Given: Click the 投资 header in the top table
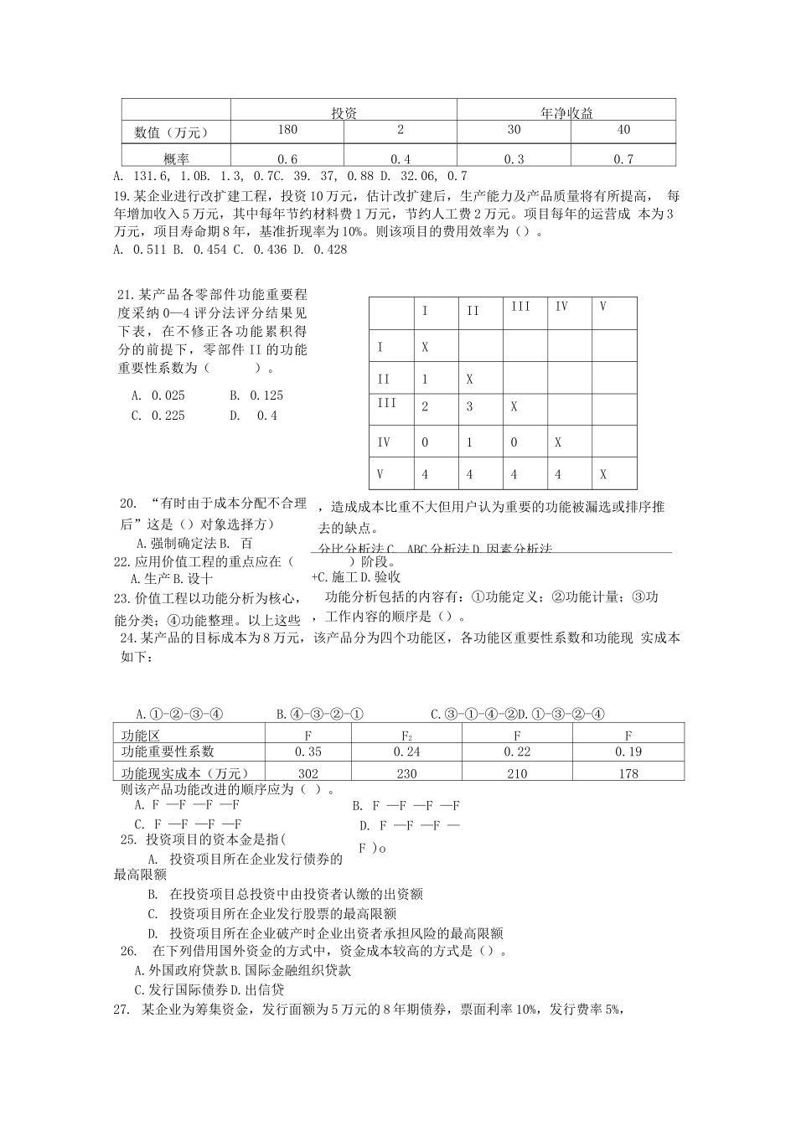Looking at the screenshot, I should (x=344, y=113).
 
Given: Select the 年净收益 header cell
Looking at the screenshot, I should (x=566, y=113).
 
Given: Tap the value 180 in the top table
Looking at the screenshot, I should (x=287, y=130).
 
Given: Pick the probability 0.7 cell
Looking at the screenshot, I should (x=623, y=159).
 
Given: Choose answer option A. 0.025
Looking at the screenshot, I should (x=158, y=395).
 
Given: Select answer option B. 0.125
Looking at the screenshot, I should (x=256, y=395).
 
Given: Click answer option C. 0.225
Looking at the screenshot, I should (x=158, y=416).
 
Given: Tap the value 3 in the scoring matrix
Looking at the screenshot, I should (x=470, y=406).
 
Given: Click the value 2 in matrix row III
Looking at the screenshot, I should (x=425, y=406).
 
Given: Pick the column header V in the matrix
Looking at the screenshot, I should (x=603, y=307).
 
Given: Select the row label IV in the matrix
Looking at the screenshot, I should (x=384, y=442).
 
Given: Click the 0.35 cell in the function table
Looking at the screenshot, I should (x=309, y=752).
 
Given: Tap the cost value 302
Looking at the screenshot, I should (x=308, y=773).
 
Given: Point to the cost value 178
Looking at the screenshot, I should (x=628, y=773).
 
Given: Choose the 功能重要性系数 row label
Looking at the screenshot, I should (x=168, y=752).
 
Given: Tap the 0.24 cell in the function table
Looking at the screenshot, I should (x=406, y=752).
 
